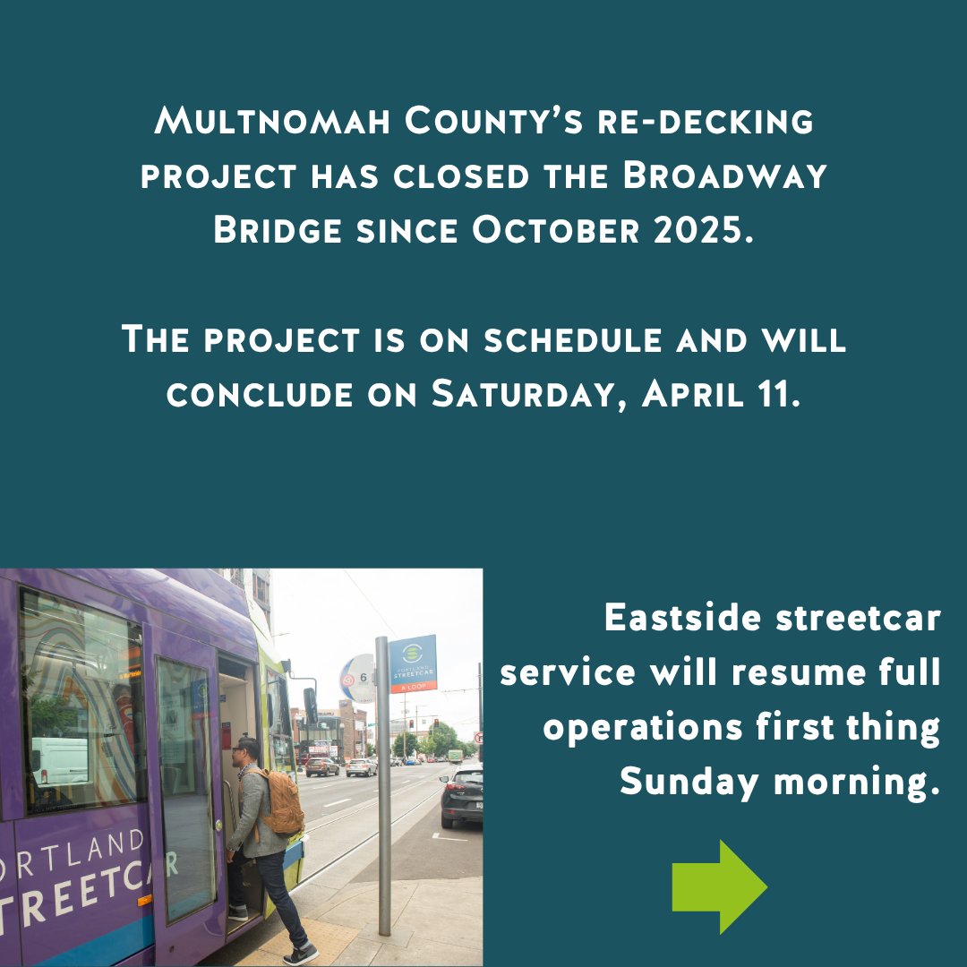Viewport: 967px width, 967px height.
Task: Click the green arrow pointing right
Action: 719,886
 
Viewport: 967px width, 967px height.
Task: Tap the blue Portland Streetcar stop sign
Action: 413,663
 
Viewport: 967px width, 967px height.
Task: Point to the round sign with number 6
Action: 357,678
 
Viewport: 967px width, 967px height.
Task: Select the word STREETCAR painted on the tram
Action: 81,895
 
